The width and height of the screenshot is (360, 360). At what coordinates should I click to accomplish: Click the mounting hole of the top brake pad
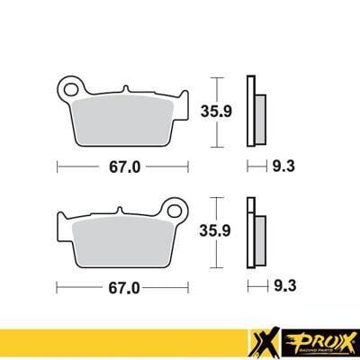[x=67, y=89]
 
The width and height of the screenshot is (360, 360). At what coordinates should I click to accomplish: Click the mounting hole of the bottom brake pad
[x=182, y=212]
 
